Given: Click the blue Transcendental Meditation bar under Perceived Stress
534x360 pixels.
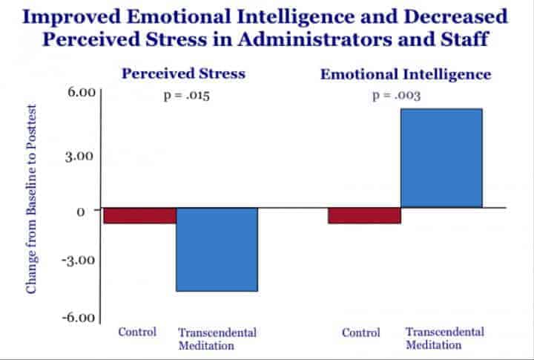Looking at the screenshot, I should click(x=217, y=249).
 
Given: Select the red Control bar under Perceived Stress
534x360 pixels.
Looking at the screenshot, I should click(x=139, y=215).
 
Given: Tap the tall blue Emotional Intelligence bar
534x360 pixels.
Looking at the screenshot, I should click(x=441, y=158).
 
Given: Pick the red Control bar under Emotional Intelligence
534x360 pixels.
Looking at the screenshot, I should click(x=364, y=215).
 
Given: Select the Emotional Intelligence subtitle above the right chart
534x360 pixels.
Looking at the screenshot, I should click(x=406, y=74).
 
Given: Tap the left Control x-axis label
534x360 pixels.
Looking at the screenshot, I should click(x=137, y=332).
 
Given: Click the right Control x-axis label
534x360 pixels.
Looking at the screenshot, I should click(x=361, y=333).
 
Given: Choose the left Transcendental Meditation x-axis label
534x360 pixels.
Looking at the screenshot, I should click(x=217, y=339).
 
